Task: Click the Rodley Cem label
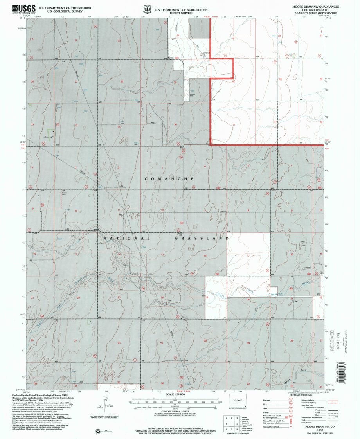(65, 193)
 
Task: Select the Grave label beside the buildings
(46, 137)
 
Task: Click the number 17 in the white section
(248, 255)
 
